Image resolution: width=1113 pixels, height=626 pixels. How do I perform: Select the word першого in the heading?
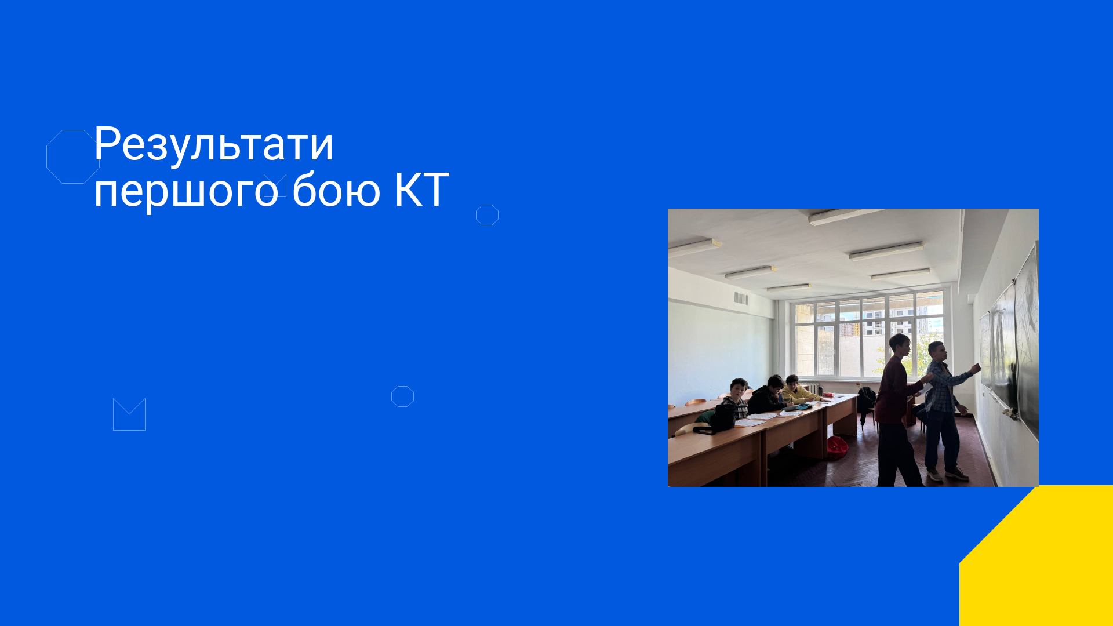pos(186,191)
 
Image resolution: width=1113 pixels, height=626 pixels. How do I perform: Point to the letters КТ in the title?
pos(421,190)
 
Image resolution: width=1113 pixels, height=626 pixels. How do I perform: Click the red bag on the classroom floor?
pos(837,447)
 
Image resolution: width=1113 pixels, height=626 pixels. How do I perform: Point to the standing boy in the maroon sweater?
pos(897,409)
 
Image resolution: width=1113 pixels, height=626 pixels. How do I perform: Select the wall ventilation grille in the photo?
pos(741,299)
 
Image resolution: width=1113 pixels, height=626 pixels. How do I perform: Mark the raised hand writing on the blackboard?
pos(976,368)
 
